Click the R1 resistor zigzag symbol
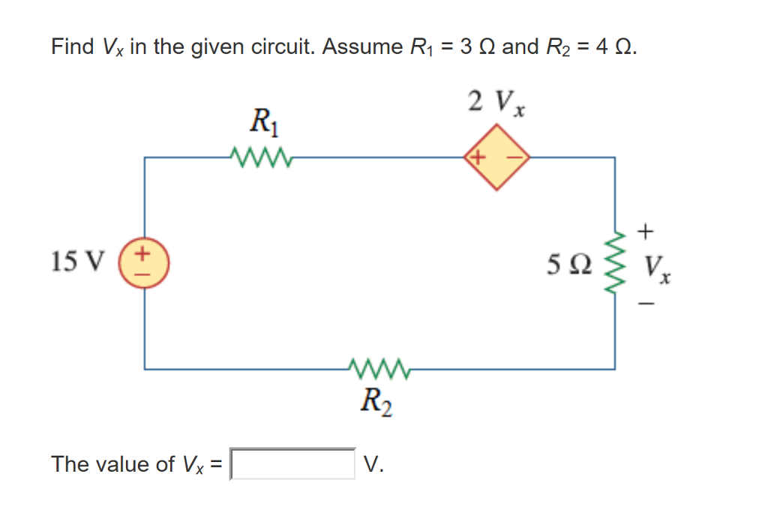256,157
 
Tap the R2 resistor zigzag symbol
378,368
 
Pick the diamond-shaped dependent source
496,158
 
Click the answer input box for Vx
292,463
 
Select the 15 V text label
75,262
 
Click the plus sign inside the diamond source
478,157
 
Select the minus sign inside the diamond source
515,157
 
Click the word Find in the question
71,47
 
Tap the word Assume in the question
361,47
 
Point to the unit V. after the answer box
373,464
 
